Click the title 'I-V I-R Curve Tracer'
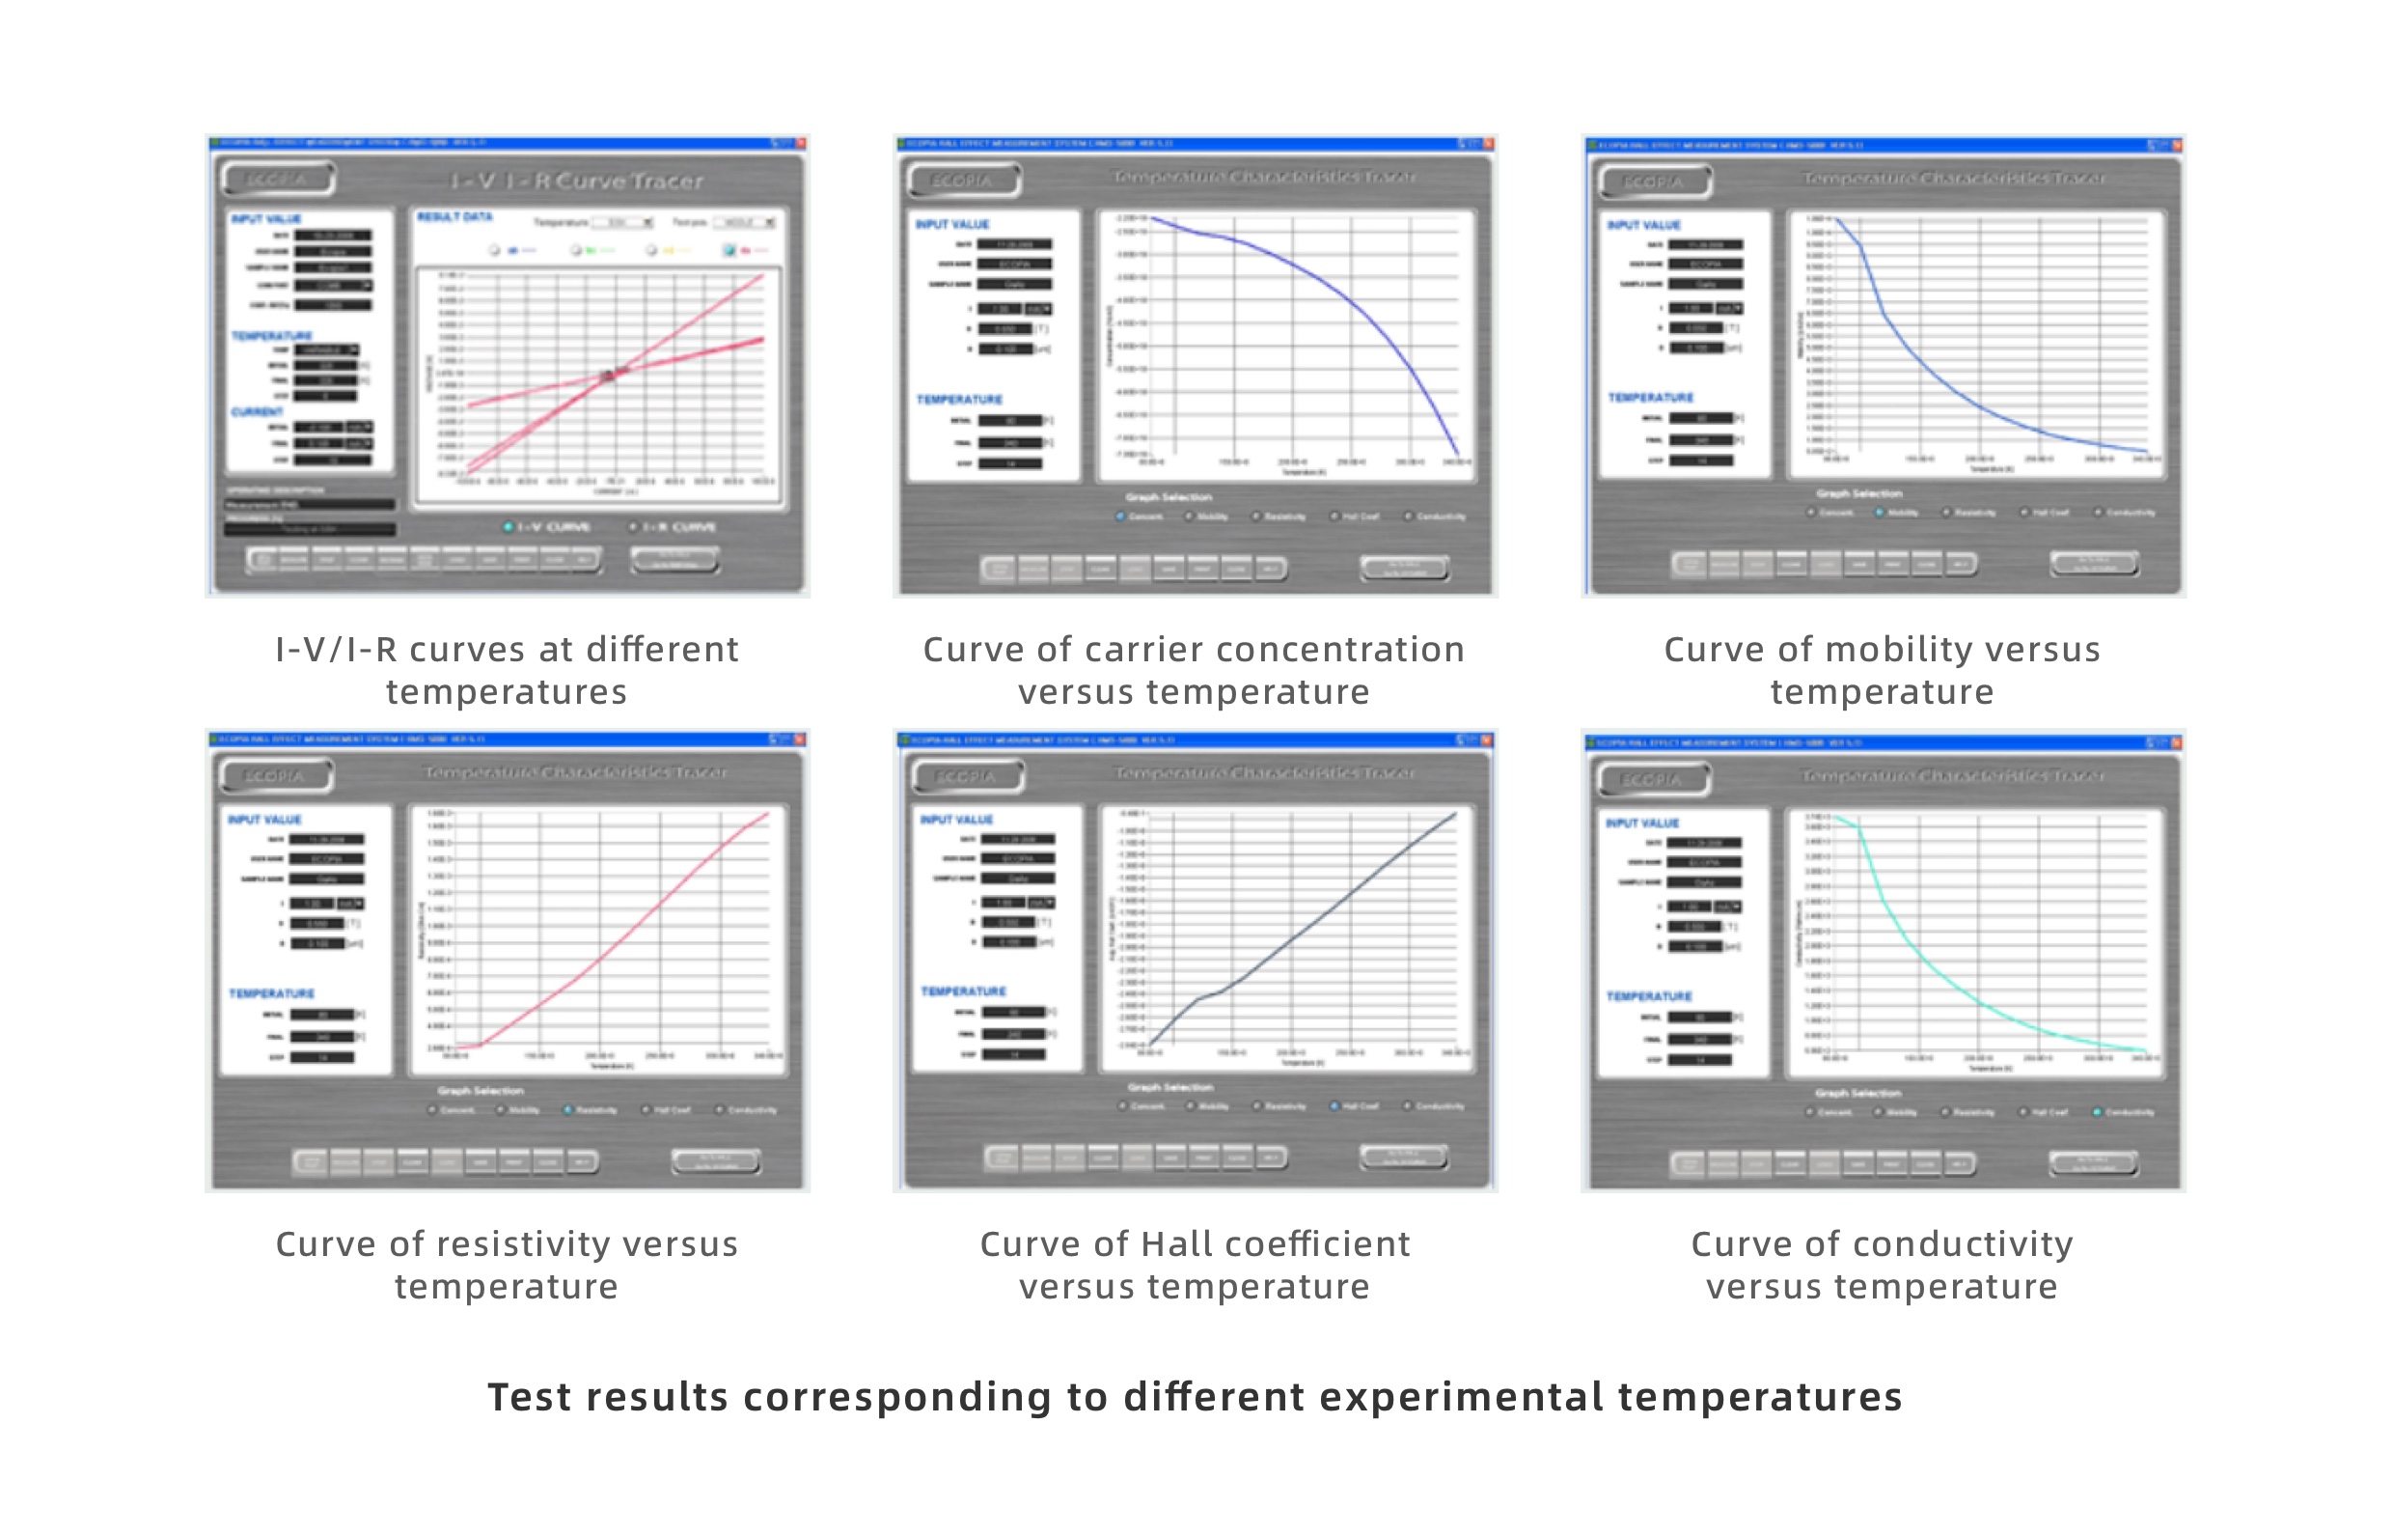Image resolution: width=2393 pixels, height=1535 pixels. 577,181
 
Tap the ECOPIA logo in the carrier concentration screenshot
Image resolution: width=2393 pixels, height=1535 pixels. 961,181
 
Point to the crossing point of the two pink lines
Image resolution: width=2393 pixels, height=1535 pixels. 611,374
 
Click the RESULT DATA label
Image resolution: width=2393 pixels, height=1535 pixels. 454,217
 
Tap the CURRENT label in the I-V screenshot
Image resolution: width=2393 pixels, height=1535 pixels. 257,411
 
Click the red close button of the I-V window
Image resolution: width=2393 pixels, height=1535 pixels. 801,144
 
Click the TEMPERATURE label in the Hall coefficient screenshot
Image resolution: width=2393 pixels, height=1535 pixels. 963,991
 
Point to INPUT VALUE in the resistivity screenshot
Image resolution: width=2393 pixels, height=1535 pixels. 264,820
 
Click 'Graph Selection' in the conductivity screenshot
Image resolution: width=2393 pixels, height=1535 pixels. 1858,1094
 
